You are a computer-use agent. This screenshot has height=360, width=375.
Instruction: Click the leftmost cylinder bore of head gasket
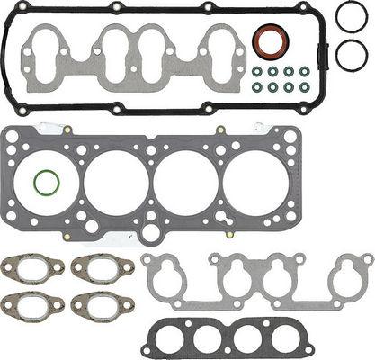(x=50, y=181)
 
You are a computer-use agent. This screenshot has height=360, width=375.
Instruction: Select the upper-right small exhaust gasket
(x=94, y=267)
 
